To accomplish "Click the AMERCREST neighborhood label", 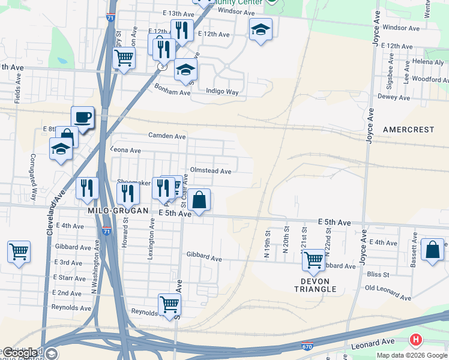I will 408,130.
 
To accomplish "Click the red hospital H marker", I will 415,340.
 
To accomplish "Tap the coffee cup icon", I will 82,117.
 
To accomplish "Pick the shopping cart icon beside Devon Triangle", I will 313,260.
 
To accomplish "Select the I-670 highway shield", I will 306,346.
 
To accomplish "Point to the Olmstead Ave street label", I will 210,171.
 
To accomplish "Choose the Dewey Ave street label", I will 394,97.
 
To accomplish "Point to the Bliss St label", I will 378,275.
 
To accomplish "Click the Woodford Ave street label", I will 430,79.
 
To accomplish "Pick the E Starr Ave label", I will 67,278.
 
